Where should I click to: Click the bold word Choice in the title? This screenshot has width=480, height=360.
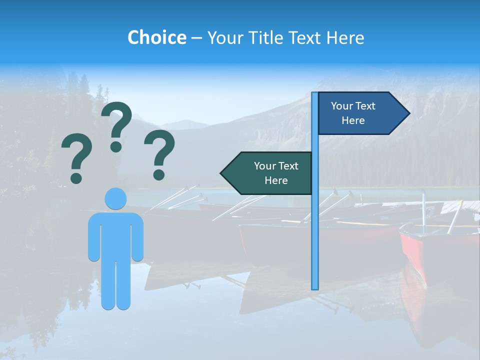[156, 37]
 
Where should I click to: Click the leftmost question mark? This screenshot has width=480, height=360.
[76, 157]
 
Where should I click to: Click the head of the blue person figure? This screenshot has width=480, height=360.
[115, 198]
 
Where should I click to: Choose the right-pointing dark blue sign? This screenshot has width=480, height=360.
[357, 113]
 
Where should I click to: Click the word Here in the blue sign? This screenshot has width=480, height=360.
[353, 120]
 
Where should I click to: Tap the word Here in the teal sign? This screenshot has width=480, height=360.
[276, 180]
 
